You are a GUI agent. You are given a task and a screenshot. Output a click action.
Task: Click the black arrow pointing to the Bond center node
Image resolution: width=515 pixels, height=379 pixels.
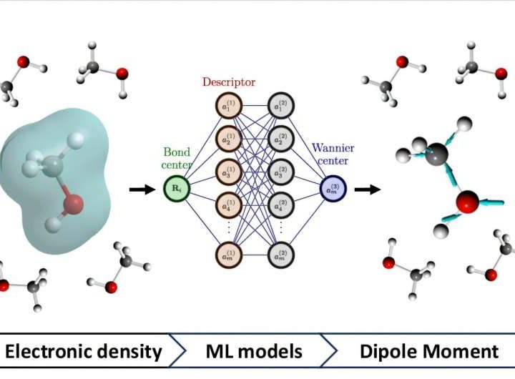tap(141, 190)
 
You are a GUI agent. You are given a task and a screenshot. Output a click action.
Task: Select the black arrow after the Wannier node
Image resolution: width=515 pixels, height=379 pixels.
tap(368, 190)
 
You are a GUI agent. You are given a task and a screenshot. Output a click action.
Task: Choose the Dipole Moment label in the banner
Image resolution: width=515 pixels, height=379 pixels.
tap(427, 351)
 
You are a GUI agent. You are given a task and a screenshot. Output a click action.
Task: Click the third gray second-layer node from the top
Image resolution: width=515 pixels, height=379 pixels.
tap(280, 172)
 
